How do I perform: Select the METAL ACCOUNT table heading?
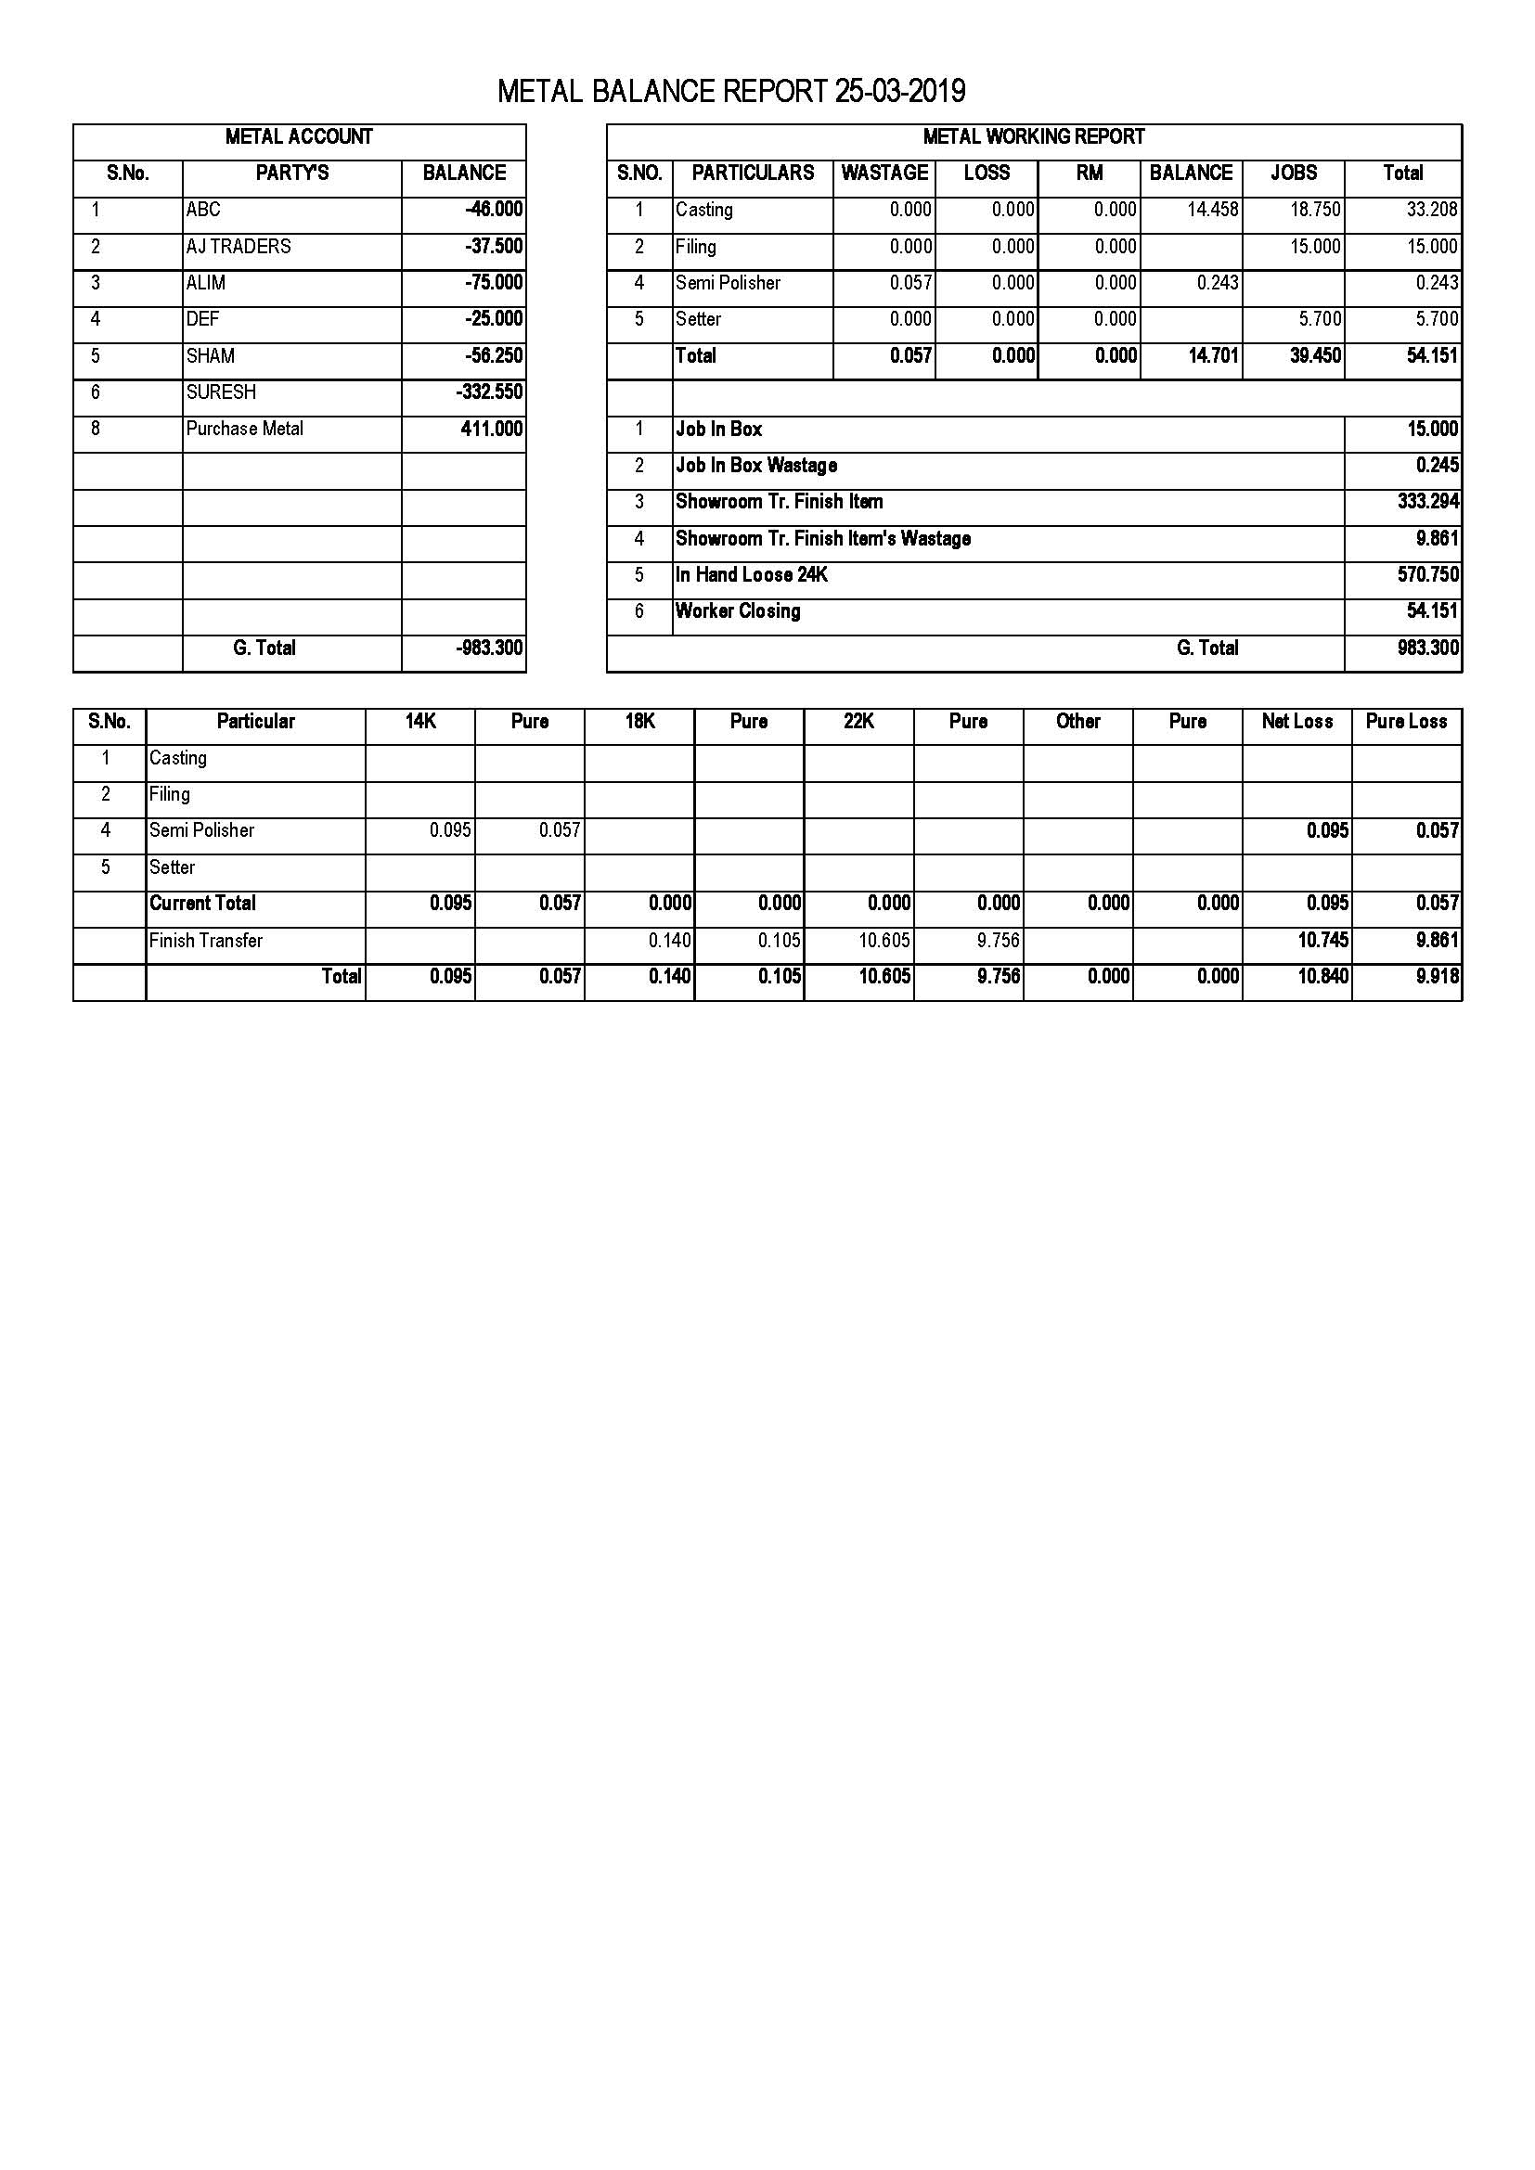299,137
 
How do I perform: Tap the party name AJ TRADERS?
239,247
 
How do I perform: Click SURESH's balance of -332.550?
490,392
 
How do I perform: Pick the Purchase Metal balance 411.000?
492,430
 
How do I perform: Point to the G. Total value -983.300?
490,648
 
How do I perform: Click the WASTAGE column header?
884,173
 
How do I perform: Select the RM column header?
1089,173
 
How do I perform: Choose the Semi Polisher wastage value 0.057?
910,283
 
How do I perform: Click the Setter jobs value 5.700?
1320,319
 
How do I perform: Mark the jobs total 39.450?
1315,356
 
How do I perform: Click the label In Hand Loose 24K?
752,574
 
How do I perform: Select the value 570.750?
1427,574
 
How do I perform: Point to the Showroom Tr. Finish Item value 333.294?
1427,502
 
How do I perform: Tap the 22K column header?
858,722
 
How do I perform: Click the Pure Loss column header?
1405,722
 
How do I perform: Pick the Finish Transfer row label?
206,941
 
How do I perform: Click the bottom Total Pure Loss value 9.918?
1437,976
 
